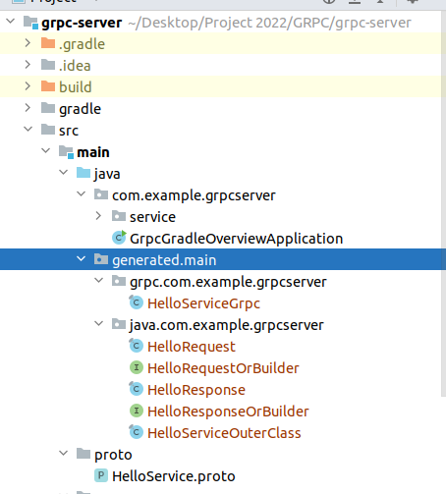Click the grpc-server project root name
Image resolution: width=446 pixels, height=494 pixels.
point(82,23)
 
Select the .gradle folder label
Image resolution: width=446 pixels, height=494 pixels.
point(82,44)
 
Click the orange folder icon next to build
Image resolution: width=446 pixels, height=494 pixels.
point(48,86)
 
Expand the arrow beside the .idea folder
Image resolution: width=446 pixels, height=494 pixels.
point(28,65)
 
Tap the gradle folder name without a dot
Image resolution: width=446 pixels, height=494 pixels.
point(80,109)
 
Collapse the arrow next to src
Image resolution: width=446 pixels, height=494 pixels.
point(28,130)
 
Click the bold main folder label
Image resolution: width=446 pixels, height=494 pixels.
point(93,152)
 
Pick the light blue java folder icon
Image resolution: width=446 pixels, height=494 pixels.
point(84,173)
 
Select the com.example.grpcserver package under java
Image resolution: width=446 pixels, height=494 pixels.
point(194,195)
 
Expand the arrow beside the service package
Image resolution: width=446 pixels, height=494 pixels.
point(98,216)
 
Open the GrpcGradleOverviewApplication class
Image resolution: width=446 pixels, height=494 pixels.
point(236,239)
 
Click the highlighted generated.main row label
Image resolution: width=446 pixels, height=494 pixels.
point(164,260)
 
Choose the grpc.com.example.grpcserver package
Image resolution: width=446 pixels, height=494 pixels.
point(228,282)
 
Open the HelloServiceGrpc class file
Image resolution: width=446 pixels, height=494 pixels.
point(203,303)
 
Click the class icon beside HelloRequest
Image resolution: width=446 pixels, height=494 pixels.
point(136,346)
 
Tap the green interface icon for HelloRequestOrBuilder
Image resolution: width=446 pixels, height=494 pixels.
point(137,367)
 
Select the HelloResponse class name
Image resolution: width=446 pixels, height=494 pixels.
point(196,390)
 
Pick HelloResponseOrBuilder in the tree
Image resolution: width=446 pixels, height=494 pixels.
point(228,412)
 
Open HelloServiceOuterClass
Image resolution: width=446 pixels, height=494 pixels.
point(224,433)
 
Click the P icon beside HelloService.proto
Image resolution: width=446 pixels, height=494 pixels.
point(101,475)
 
